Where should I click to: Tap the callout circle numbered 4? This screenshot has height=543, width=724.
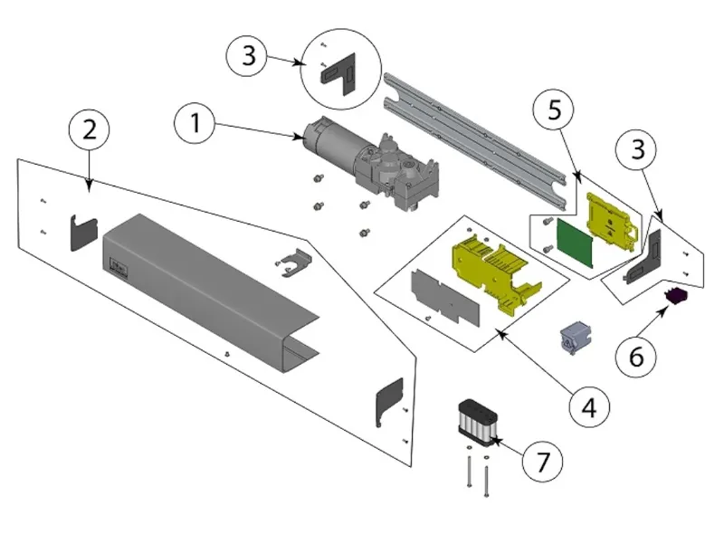[589, 406]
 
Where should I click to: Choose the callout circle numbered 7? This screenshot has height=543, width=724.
[541, 461]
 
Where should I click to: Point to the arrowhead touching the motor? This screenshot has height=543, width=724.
[305, 138]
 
